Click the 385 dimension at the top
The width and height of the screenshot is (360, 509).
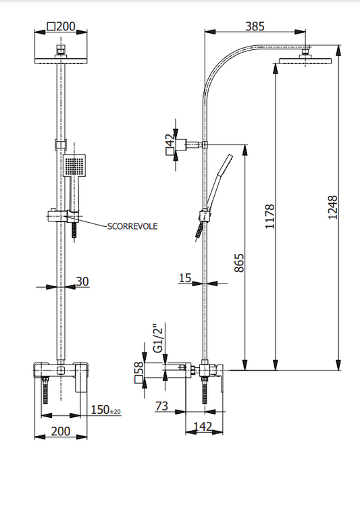[255, 26]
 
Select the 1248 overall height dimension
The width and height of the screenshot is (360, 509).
[332, 207]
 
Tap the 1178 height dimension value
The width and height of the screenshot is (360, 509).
[269, 217]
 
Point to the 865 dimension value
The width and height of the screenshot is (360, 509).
[239, 263]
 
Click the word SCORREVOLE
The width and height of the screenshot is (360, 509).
[132, 226]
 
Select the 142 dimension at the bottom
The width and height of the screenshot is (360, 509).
[203, 426]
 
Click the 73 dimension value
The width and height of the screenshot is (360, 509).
[162, 406]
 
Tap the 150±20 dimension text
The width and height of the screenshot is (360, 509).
[105, 410]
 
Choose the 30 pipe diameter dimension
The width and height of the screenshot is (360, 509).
[82, 282]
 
